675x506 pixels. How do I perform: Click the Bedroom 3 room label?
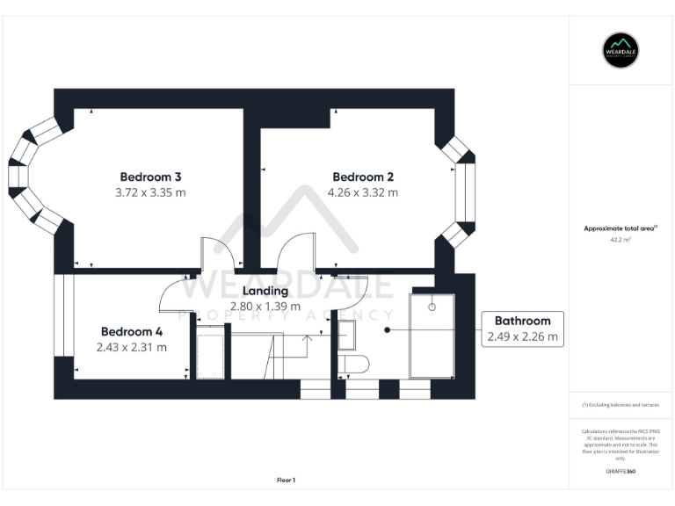150,176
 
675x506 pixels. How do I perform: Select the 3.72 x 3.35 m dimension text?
150,192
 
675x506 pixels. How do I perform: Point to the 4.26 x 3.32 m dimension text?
362,192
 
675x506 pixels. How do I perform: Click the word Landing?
265,291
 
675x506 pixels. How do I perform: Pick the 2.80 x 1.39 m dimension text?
265,307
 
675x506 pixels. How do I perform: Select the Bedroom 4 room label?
132,331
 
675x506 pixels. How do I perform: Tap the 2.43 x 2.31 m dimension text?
132,347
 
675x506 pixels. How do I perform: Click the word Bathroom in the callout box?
522,321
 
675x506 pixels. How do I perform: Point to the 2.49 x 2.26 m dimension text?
522,336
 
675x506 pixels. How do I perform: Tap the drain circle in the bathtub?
432,307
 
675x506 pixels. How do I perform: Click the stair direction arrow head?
306,336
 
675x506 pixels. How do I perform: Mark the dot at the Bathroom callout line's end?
388,330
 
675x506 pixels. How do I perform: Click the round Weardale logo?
621,50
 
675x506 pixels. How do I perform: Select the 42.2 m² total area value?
621,239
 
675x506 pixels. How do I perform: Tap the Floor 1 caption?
287,480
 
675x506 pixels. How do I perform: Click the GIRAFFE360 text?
621,472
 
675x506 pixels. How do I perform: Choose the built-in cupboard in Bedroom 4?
211,351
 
